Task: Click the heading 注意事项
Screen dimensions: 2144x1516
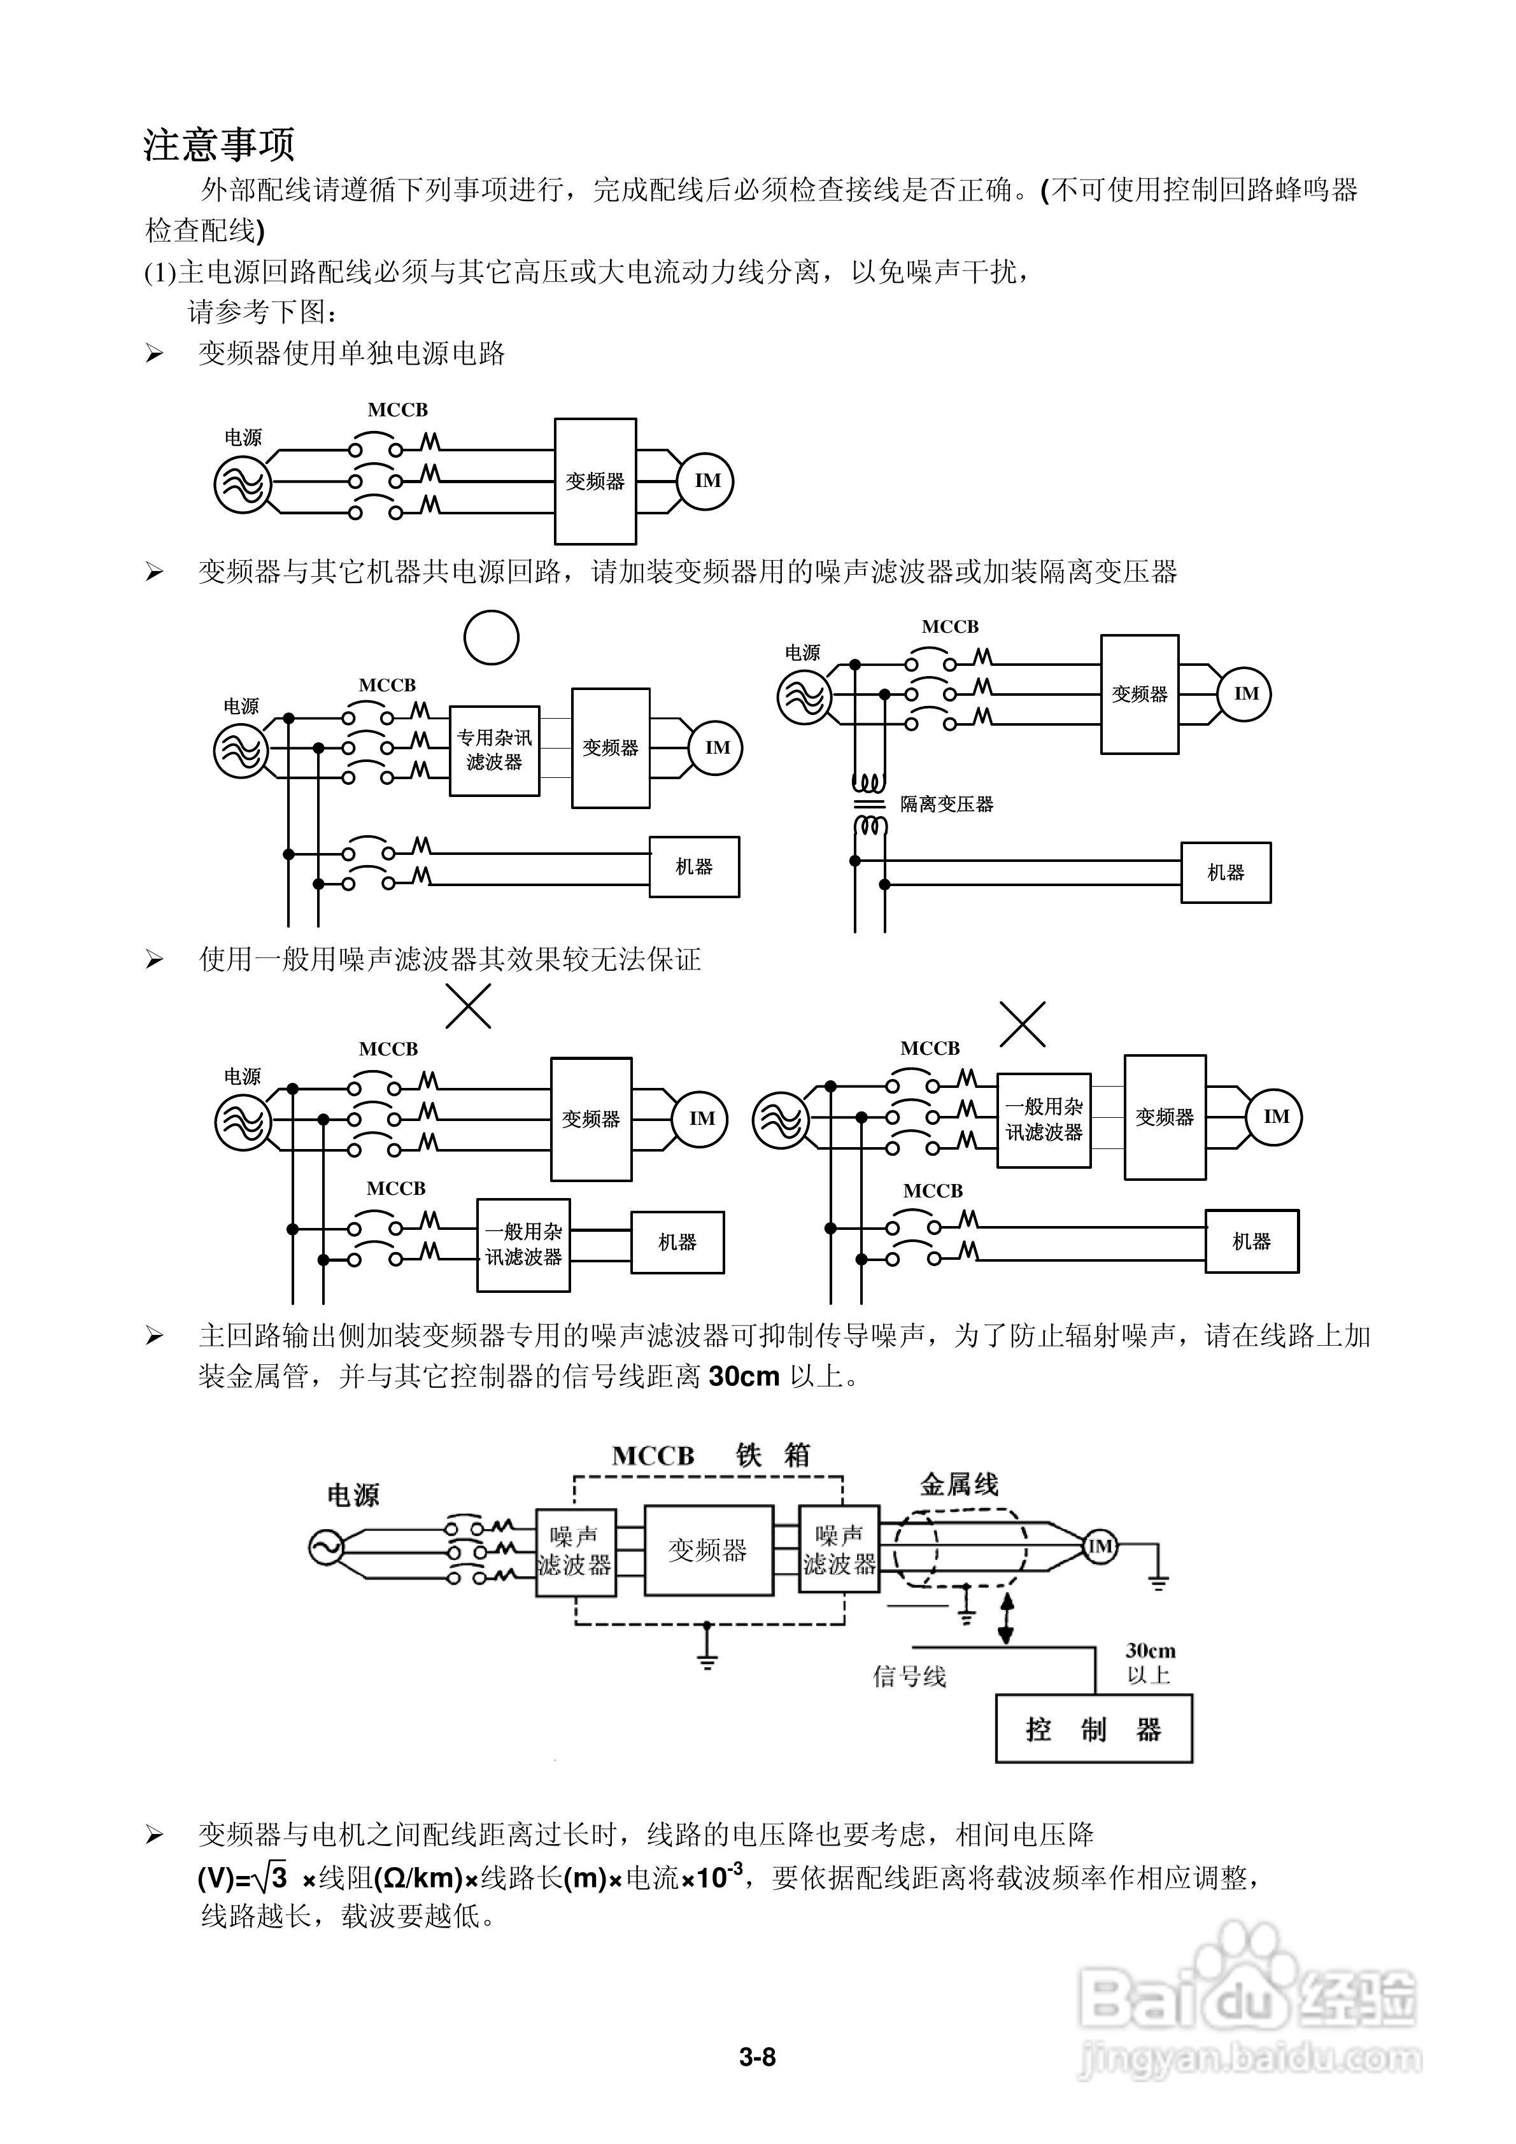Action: (220, 145)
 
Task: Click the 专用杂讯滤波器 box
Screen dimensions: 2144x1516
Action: (494, 750)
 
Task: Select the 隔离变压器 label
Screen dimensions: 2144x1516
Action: (946, 804)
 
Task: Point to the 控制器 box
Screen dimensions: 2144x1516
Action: (1093, 1730)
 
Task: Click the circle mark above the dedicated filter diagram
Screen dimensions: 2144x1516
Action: (492, 638)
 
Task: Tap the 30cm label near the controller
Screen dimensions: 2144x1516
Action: (1150, 1651)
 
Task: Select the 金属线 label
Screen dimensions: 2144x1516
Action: (960, 1485)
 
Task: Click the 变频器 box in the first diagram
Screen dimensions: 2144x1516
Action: (595, 481)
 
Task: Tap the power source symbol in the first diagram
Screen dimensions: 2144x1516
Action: (243, 484)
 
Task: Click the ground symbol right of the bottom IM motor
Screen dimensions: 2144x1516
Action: (1158, 1579)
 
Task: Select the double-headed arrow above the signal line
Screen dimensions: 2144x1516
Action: (1006, 1618)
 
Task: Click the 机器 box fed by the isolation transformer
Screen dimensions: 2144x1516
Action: (1226, 872)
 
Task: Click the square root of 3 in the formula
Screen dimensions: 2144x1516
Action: (270, 1876)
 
